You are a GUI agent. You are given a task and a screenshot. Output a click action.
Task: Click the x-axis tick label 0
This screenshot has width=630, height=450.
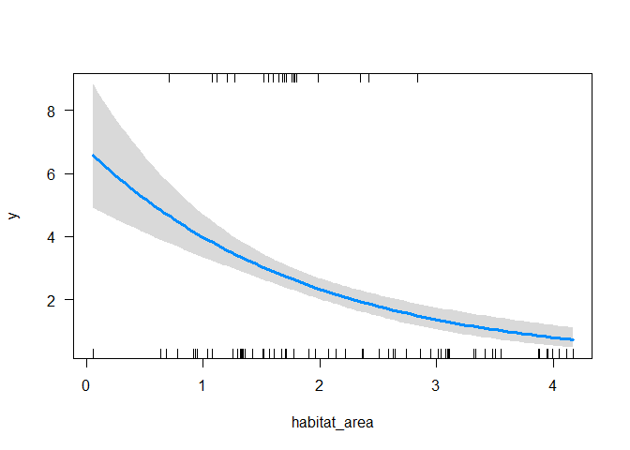tap(86, 384)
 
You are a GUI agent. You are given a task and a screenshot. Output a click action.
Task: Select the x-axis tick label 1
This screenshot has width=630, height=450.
tap(202, 384)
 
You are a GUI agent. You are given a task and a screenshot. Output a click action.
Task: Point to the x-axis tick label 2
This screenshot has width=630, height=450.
tap(320, 384)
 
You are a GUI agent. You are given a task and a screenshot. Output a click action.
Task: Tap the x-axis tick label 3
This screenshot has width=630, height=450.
tap(436, 384)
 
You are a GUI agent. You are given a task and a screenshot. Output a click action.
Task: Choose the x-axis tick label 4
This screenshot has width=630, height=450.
tap(552, 384)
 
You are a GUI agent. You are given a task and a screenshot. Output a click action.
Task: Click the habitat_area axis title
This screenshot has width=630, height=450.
tap(332, 423)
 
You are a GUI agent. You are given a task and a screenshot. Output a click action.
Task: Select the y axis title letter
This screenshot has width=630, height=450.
tap(13, 215)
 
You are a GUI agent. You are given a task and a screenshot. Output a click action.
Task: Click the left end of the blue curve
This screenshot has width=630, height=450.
tap(93, 156)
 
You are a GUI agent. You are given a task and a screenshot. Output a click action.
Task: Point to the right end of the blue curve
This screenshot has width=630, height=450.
tap(573, 339)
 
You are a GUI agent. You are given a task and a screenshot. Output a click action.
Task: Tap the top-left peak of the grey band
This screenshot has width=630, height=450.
tap(93, 83)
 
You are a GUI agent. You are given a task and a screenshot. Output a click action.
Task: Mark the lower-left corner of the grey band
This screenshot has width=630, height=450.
tap(93, 207)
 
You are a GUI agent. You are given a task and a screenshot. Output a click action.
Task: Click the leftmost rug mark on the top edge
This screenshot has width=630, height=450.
tap(169, 78)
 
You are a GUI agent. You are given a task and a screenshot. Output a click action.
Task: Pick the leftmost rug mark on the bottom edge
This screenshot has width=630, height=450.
tap(93, 353)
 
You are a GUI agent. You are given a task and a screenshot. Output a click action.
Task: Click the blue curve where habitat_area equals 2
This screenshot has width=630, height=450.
tap(320, 289)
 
